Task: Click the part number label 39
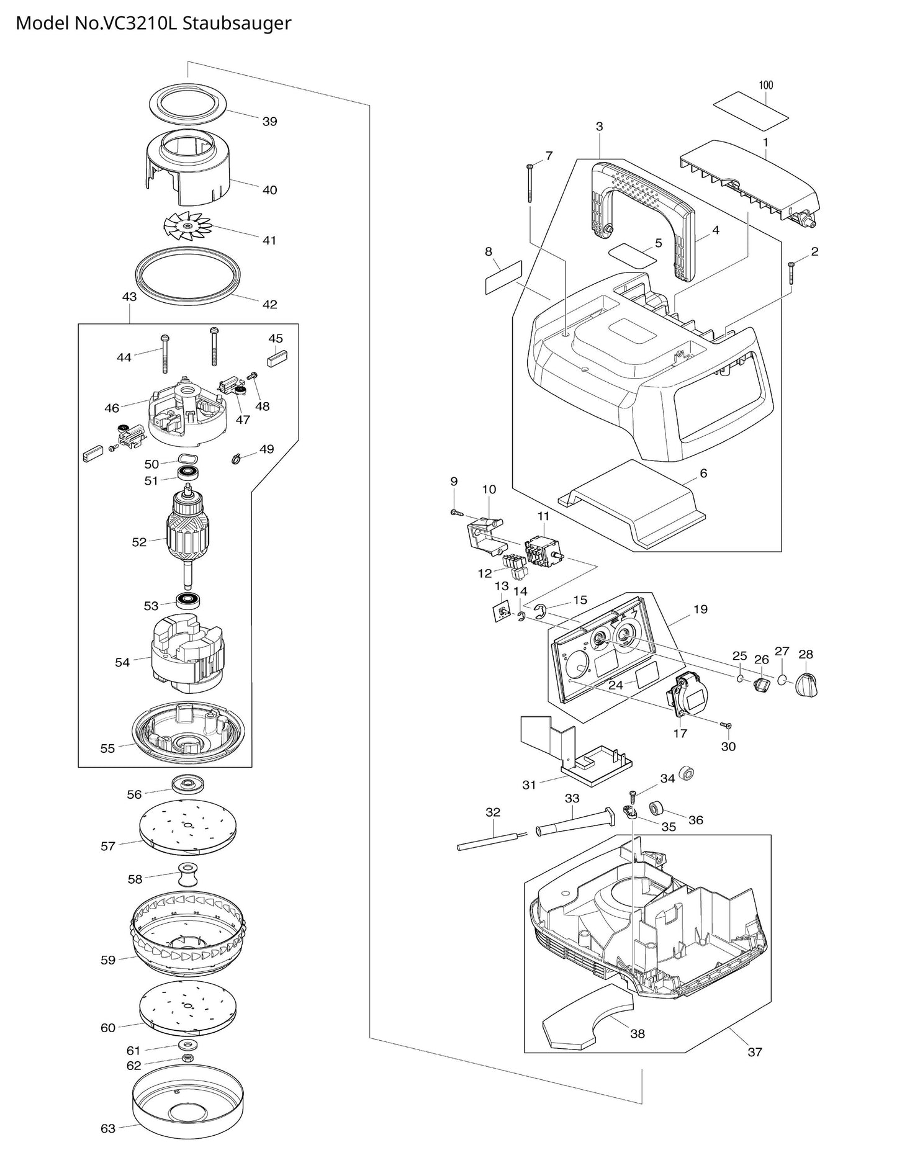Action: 269,122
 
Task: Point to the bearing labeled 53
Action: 187,601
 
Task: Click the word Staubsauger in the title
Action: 238,24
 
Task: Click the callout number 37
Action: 755,1051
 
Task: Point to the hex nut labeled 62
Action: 187,1058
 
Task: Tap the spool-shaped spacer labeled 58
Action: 187,875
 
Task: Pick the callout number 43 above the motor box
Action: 129,297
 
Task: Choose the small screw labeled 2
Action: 791,273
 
